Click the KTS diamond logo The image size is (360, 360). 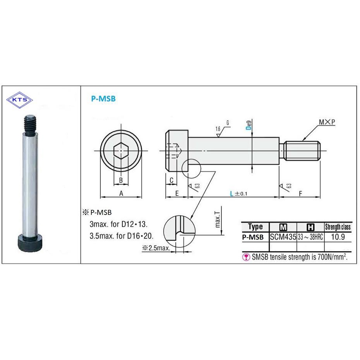pos(20,99)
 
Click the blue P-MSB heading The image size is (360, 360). pos(103,99)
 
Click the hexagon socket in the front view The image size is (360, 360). pos(121,150)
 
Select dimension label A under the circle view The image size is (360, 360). pos(121,193)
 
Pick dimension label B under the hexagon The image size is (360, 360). pos(121,180)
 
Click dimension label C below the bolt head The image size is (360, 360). pos(171,180)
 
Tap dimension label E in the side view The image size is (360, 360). pos(177,193)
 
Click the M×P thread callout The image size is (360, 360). pos(327,122)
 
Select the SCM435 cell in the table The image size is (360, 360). pos(283,237)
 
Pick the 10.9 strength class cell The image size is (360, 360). pos(338,237)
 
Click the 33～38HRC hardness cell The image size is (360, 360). pos(310,237)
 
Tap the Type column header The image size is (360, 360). pos(255,227)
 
